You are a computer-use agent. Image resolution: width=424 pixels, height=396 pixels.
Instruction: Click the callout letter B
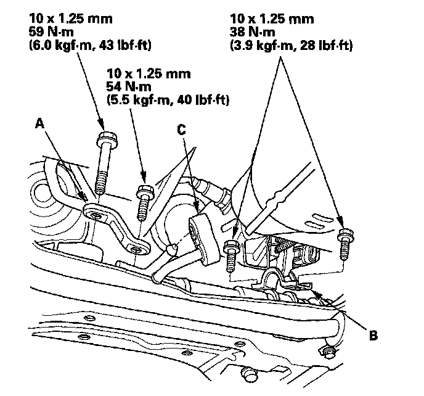[x=372, y=336]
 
